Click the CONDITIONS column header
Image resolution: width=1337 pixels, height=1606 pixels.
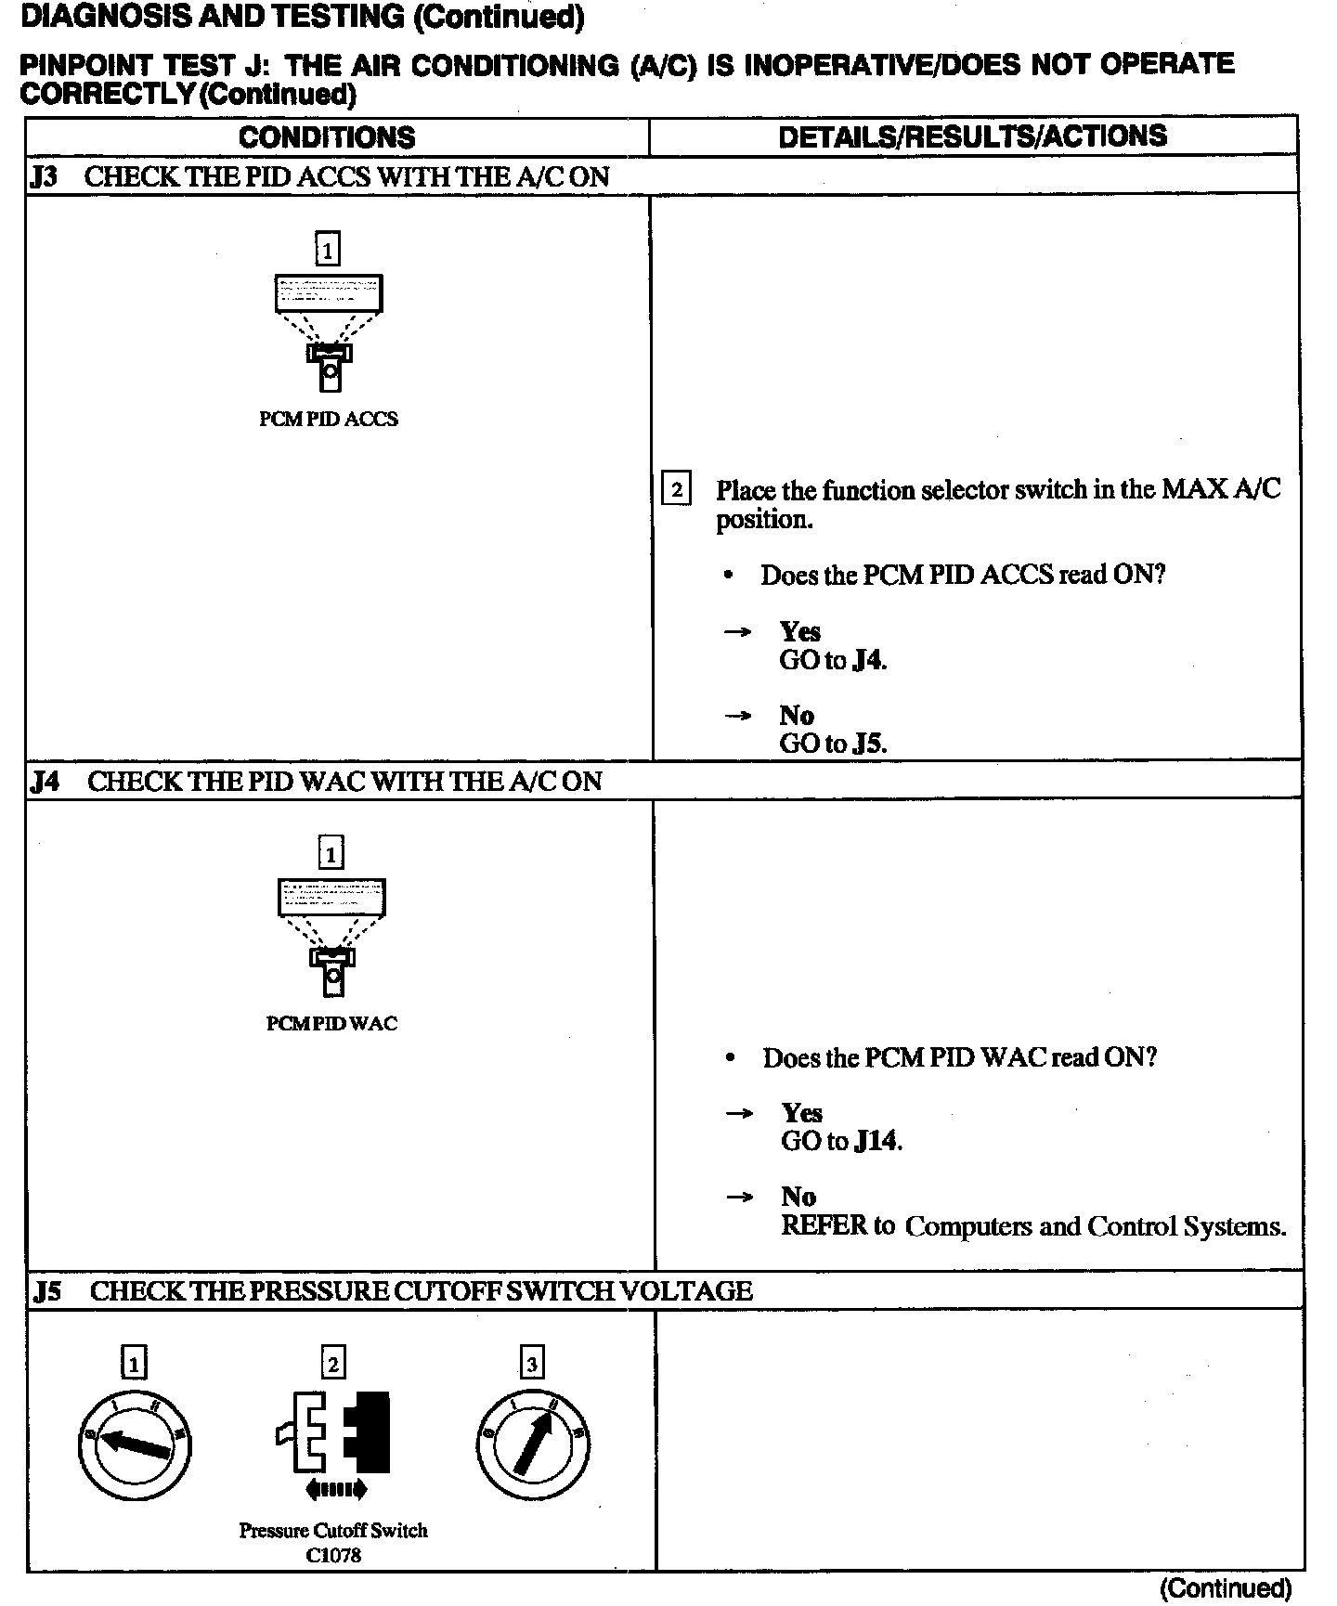click(327, 137)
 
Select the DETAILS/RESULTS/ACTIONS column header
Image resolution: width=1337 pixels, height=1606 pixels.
click(972, 136)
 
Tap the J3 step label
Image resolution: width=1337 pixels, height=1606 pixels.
click(43, 176)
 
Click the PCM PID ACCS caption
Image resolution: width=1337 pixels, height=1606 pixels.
click(328, 419)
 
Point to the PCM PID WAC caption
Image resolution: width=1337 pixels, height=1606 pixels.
click(331, 1023)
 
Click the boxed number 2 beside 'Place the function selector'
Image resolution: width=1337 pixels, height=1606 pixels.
click(675, 488)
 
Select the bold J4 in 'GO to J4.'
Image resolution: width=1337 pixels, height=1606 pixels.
click(868, 661)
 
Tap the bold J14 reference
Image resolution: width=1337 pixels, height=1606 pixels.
click(876, 1141)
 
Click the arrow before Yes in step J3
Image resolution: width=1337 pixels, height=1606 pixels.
click(737, 632)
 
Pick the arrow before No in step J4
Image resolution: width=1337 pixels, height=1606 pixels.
click(739, 1197)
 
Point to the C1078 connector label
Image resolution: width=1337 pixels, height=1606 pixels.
click(333, 1556)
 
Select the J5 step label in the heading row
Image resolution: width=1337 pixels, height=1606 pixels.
click(46, 1291)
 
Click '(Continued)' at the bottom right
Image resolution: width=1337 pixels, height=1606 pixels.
click(1225, 1588)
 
